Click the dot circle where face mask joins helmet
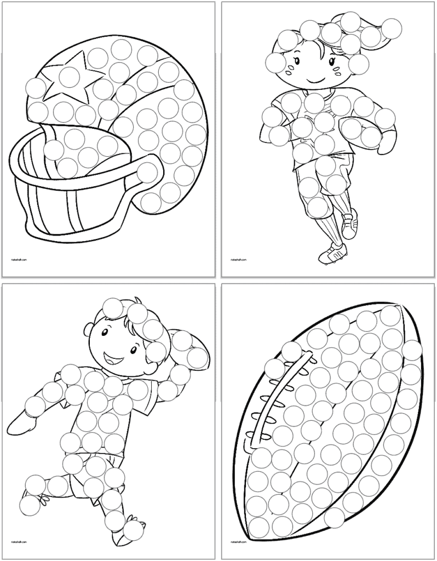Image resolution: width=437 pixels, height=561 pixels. pos(147,174)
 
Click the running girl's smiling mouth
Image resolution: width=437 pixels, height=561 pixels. pos(313,81)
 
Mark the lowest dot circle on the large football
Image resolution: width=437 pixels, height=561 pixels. pos(335,518)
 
